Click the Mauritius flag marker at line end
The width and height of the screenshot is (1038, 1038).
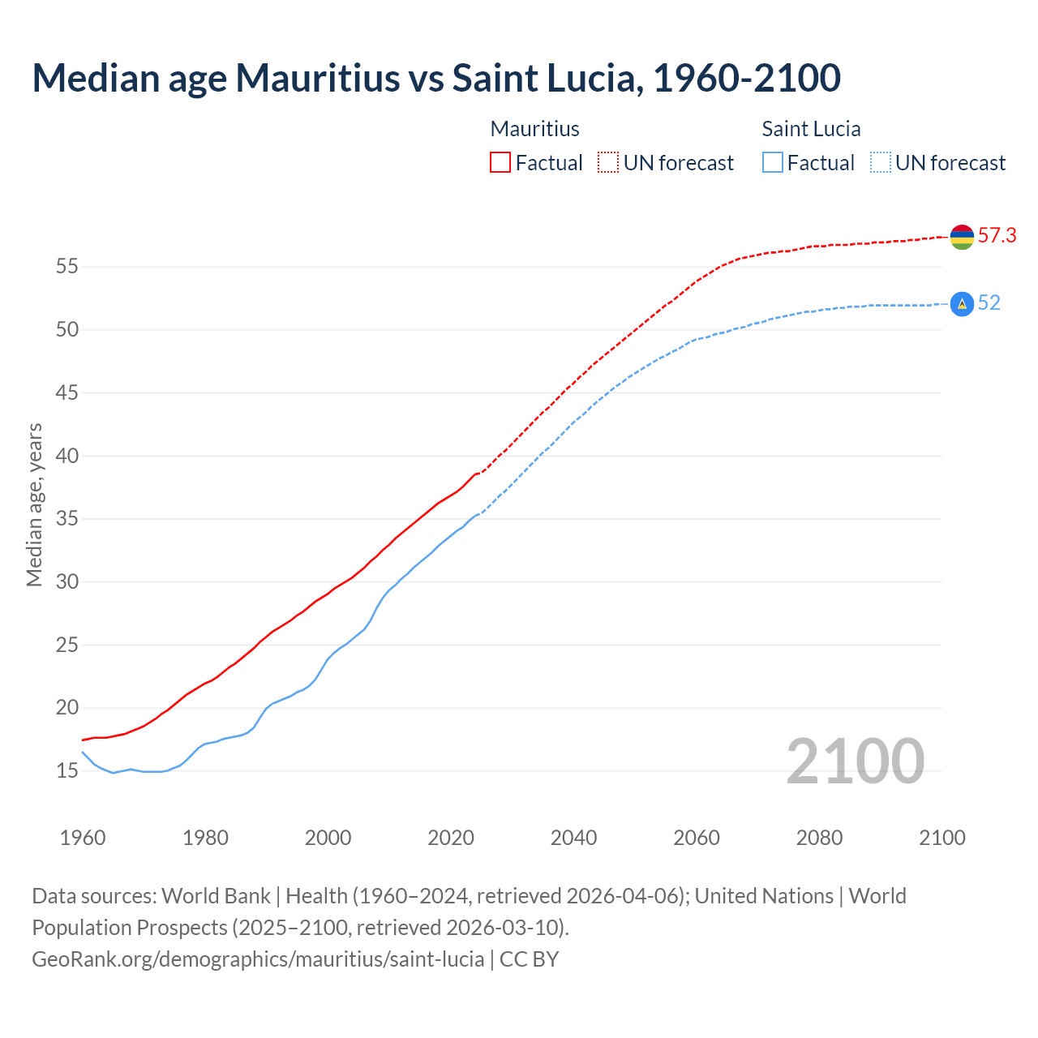pos(962,237)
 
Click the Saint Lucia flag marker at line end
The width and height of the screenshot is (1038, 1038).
pos(962,304)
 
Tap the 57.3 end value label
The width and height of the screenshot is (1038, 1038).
pos(997,236)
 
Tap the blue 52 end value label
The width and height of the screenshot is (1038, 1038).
pos(989,303)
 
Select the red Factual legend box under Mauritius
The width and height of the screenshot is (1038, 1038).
pos(500,163)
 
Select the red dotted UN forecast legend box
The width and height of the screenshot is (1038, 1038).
pos(608,163)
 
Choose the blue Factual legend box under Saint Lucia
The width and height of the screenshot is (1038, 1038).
pos(773,163)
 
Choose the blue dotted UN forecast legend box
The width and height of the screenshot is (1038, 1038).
pos(880,163)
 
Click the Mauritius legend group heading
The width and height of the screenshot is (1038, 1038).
pos(534,129)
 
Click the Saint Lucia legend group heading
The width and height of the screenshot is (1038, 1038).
pos(811,129)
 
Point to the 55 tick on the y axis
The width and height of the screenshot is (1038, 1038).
pos(67,267)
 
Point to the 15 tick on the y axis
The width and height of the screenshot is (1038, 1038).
pos(67,771)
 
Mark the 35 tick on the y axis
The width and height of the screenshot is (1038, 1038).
pos(67,519)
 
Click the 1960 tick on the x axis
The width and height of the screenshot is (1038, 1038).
pos(83,838)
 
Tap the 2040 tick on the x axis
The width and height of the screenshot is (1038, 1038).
pos(573,838)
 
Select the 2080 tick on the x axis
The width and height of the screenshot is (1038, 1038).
pos(819,838)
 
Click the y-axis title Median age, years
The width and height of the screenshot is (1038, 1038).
pos(34,504)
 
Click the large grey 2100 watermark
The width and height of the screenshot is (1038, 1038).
pos(855,761)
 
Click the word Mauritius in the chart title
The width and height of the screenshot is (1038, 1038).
pos(317,78)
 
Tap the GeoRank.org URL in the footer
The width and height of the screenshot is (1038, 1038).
pos(258,959)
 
